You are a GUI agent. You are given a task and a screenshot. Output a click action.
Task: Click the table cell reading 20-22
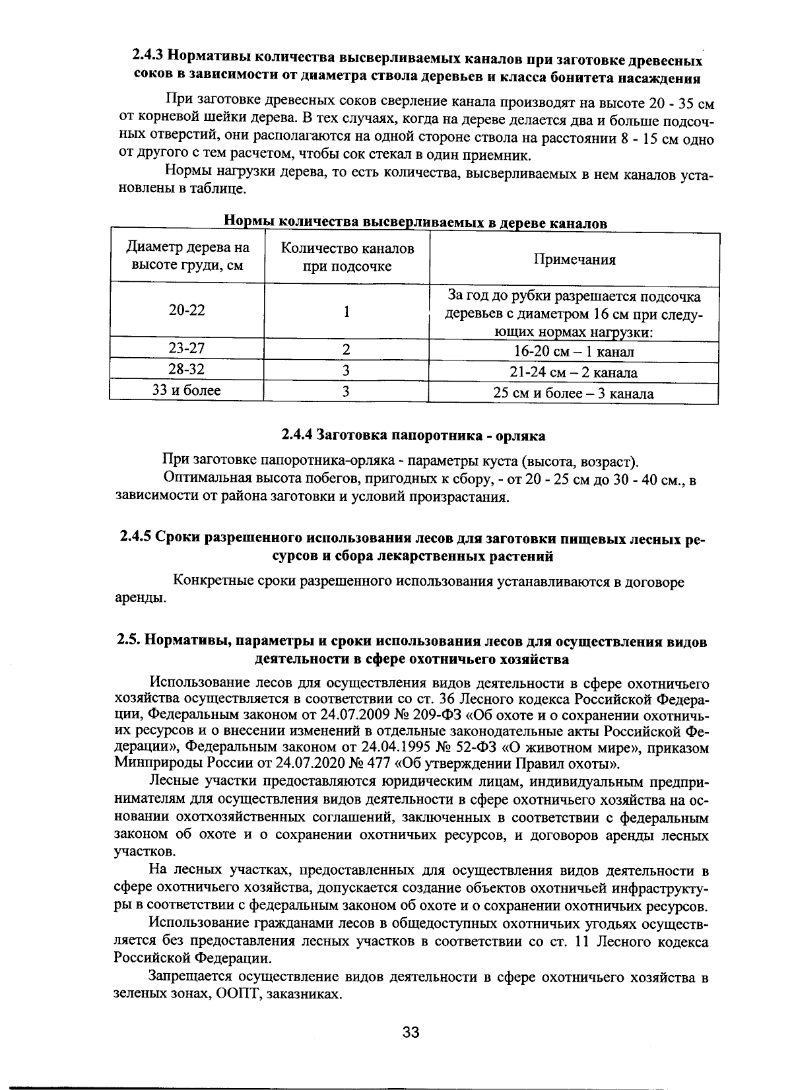(187, 310)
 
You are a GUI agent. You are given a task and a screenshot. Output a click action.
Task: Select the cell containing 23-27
(187, 349)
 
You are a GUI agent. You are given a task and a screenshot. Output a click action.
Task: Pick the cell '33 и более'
(187, 390)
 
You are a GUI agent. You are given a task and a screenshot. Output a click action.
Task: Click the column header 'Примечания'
(574, 259)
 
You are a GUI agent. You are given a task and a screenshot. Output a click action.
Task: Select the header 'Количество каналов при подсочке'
(347, 257)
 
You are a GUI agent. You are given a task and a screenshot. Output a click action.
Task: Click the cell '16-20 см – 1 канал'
(574, 352)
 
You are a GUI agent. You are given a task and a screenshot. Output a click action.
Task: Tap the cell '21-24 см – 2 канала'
(574, 373)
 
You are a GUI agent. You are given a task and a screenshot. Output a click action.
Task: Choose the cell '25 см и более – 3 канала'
(574, 394)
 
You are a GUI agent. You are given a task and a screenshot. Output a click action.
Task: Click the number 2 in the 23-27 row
(346, 349)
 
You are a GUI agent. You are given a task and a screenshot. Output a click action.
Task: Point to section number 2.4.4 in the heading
(297, 436)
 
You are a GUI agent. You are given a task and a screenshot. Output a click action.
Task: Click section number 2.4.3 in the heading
(146, 60)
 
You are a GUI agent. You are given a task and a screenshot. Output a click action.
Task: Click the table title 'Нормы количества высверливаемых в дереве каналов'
(416, 222)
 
